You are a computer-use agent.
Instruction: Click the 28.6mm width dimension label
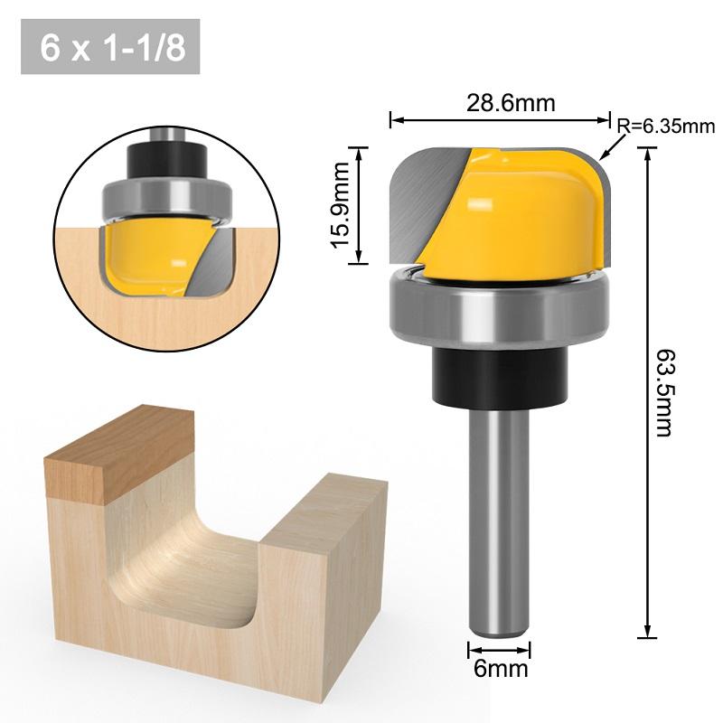[511, 103]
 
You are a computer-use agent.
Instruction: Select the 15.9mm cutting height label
[341, 207]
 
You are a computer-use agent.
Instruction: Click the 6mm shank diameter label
[499, 670]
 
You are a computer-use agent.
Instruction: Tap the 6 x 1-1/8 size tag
[110, 47]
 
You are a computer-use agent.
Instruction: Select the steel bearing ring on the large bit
[497, 312]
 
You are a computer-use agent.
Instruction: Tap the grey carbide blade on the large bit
[425, 194]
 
